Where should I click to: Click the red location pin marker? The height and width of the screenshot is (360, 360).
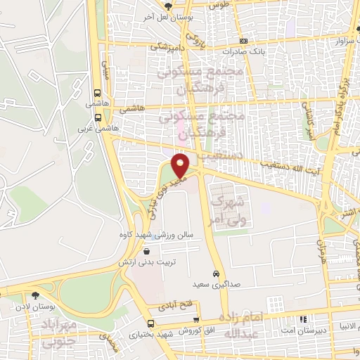[x=181, y=164]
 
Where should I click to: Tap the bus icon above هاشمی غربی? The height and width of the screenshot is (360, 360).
[x=98, y=120]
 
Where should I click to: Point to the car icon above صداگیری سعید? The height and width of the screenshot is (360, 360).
[x=215, y=274]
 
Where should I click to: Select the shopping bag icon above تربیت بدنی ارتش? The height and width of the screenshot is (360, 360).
[x=146, y=251]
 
